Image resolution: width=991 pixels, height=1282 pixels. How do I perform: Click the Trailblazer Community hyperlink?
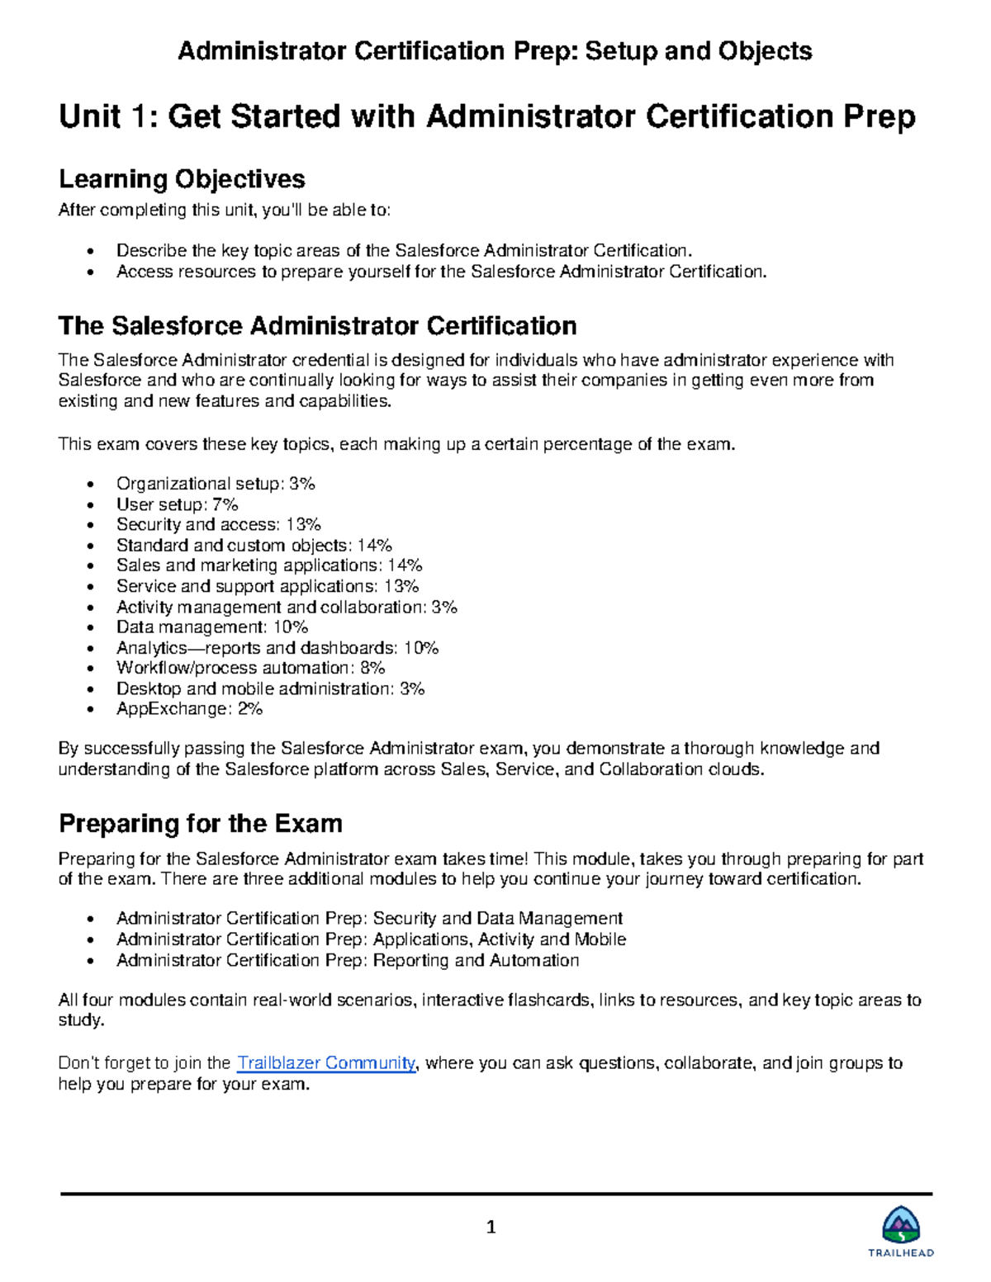point(326,1063)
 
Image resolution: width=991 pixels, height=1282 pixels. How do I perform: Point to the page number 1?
point(491,1228)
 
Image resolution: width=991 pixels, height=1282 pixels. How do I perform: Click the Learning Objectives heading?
point(182,179)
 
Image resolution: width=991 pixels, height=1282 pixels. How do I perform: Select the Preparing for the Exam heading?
point(201,824)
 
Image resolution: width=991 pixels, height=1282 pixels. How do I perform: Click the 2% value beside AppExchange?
point(250,709)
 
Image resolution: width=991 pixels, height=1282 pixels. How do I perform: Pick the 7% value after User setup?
point(225,504)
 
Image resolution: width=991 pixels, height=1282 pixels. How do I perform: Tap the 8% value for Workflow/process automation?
point(372,668)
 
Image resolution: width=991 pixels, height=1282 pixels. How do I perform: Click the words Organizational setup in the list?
point(199,484)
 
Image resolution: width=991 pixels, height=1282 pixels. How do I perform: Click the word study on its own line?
point(80,1020)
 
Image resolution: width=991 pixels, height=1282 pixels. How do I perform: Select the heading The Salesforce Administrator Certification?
point(317,326)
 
